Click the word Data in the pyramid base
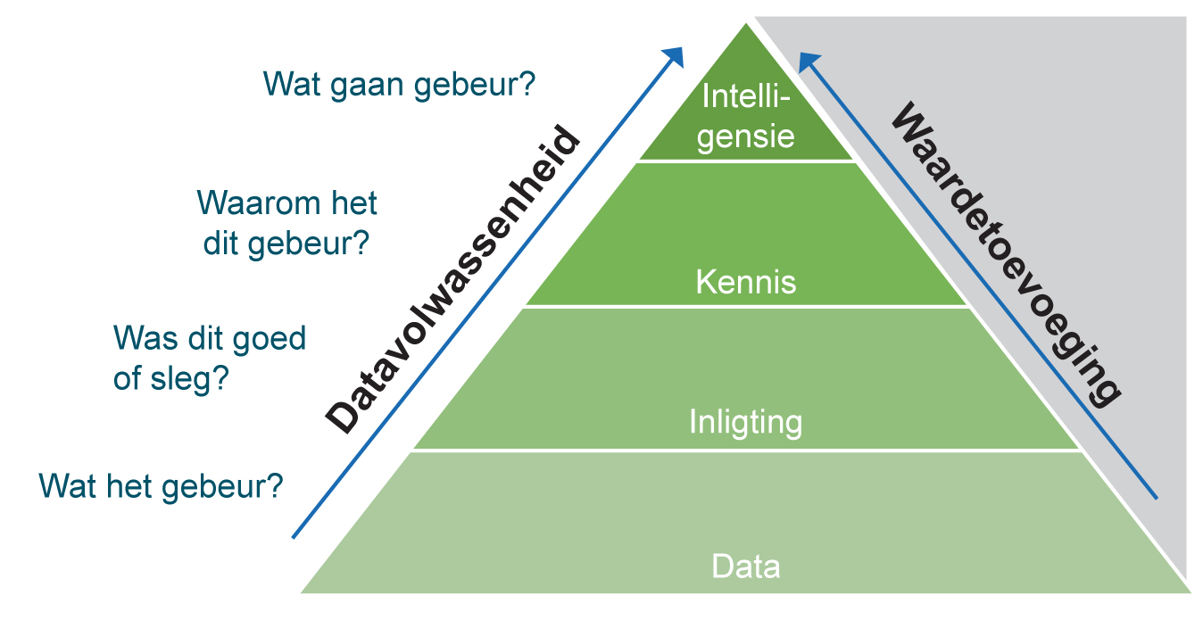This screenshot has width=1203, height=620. pos(745,566)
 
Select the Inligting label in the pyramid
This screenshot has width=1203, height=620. pos(745,422)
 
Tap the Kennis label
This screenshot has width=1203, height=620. pos(745,282)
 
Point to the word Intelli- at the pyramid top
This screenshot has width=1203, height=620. pos(746,96)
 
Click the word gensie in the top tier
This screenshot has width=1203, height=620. pos(745,137)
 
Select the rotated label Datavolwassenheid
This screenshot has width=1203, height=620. pos(452,279)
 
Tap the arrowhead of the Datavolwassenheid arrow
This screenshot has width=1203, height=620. pos(674,56)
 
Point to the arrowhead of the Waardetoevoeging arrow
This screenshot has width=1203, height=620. pos(808,62)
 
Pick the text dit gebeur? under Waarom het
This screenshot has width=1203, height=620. pos(286,244)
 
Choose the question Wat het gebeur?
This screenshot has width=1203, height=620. pos(161,487)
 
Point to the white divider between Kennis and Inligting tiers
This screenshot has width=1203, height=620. pos(745,307)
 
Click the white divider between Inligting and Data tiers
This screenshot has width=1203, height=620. pos(745,450)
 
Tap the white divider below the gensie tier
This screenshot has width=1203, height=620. pos(745,161)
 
